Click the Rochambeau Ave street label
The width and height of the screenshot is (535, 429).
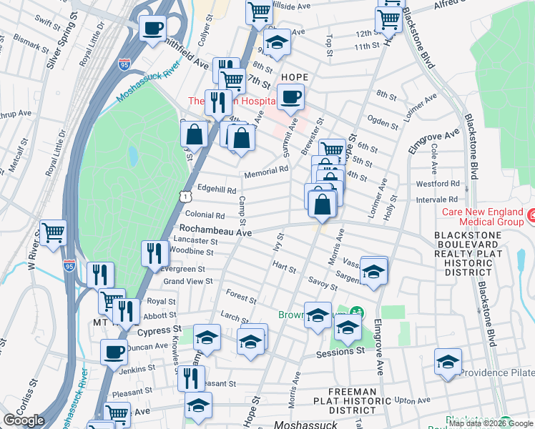coord(215,232)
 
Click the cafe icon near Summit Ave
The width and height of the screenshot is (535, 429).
coord(290,97)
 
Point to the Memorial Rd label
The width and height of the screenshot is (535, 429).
coord(265,172)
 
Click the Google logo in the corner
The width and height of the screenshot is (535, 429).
coord(24,420)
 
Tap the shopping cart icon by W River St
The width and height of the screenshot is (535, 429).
coord(54,232)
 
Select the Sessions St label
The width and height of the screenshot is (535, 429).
coord(341,352)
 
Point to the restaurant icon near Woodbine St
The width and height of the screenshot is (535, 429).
coord(154,252)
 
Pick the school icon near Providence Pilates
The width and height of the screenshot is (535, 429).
coord(448,362)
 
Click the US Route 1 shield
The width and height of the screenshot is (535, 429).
coord(185,195)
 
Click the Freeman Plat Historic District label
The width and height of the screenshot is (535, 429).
coord(352,400)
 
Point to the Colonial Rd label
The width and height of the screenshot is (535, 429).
coord(205,214)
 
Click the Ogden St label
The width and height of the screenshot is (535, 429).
coord(383,122)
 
